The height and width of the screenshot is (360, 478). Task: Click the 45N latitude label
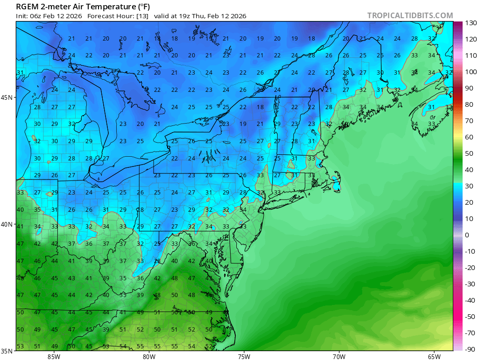[x=7, y=97]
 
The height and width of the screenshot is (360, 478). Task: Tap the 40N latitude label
[x=7, y=224]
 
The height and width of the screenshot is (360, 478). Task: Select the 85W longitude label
[x=54, y=357]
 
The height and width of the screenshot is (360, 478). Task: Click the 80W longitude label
[x=149, y=357]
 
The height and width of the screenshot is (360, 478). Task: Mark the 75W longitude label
[x=244, y=357]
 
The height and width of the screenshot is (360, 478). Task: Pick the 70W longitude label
[x=339, y=357]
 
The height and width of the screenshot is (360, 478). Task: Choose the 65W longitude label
[x=434, y=357]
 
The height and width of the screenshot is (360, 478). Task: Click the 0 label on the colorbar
[x=467, y=235]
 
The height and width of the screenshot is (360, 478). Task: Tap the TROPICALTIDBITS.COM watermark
[x=410, y=15]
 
